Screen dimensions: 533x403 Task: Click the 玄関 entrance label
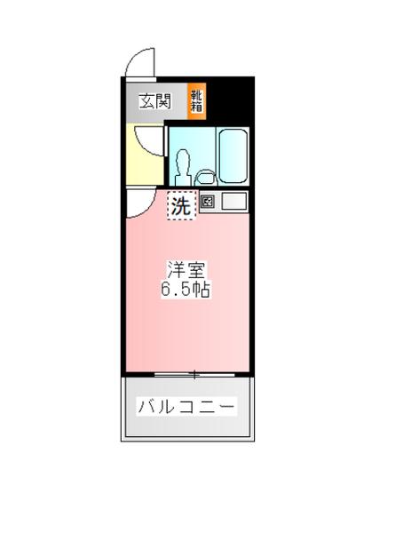tap(154, 101)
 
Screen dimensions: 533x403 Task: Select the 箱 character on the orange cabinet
tap(195, 107)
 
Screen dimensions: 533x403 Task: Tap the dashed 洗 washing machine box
tap(180, 207)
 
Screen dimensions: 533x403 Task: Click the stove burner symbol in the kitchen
tap(208, 202)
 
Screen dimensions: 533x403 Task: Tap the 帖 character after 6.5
tap(203, 290)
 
